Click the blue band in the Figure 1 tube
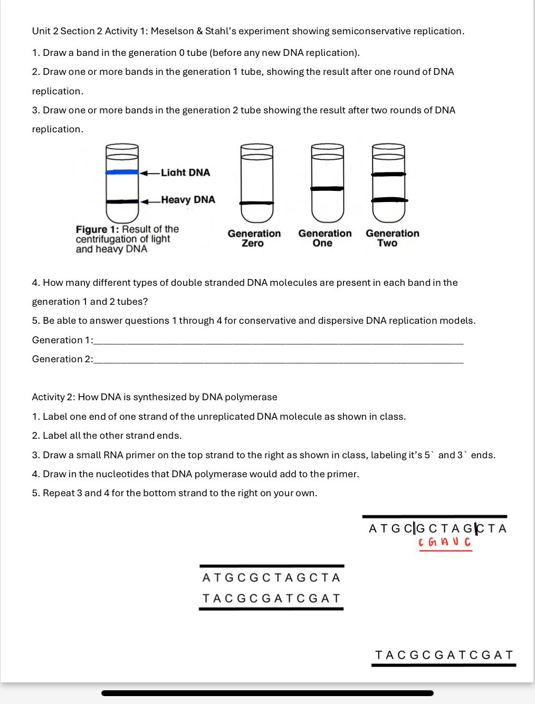pyautogui.click(x=122, y=172)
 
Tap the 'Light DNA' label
pyautogui.click(x=185, y=172)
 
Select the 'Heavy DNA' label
pyautogui.click(x=188, y=200)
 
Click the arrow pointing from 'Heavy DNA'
pyautogui.click(x=150, y=201)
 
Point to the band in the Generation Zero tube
pyautogui.click(x=257, y=203)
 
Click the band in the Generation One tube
pyautogui.click(x=327, y=188)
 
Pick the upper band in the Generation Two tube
pyautogui.click(x=389, y=174)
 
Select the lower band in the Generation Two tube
pyautogui.click(x=389, y=200)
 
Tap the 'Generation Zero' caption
pyautogui.click(x=254, y=238)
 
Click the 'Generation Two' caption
pyautogui.click(x=392, y=238)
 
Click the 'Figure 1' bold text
pyautogui.click(x=98, y=229)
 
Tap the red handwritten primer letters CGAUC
pyautogui.click(x=444, y=542)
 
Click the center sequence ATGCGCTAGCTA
pyautogui.click(x=271, y=578)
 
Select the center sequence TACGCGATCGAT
pyautogui.click(x=271, y=599)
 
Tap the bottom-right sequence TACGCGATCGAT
pyautogui.click(x=444, y=655)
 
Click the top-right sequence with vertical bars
pyautogui.click(x=437, y=528)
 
